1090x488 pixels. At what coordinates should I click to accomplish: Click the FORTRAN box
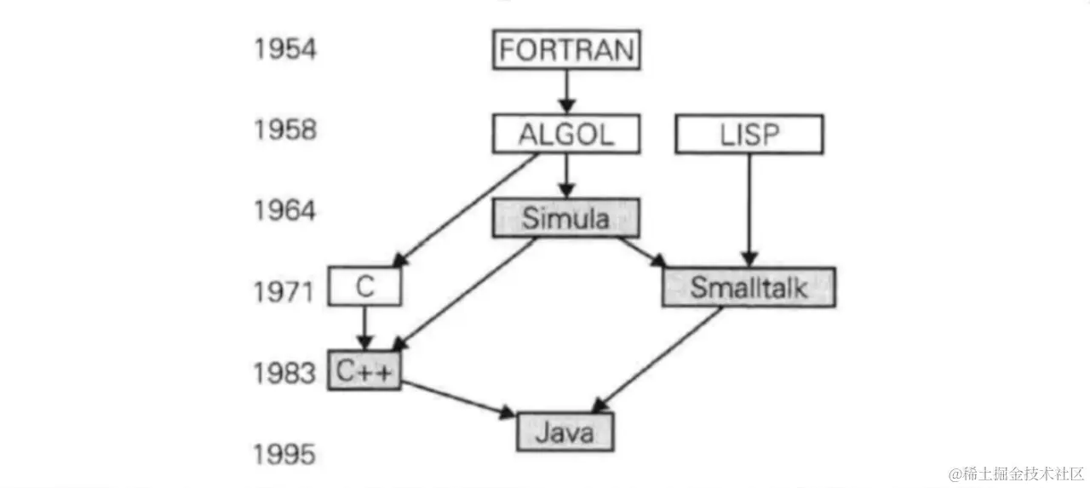[567, 49]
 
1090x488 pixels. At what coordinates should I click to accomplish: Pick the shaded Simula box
[565, 218]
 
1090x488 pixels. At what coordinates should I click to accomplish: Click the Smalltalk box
[749, 287]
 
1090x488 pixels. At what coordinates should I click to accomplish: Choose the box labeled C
[364, 287]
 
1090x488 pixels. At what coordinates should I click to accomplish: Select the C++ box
[364, 370]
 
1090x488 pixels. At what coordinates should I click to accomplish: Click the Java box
[565, 433]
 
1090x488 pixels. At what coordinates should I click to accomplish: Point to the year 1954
[284, 49]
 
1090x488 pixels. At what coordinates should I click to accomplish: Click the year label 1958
[284, 130]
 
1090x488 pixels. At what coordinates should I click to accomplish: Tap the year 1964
[284, 210]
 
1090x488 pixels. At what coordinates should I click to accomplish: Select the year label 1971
[284, 292]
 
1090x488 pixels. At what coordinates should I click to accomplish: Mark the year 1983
[284, 373]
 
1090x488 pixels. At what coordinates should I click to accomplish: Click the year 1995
[284, 455]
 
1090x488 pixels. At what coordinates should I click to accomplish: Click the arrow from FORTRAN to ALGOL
[567, 90]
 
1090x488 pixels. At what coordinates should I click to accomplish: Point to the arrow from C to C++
[364, 327]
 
